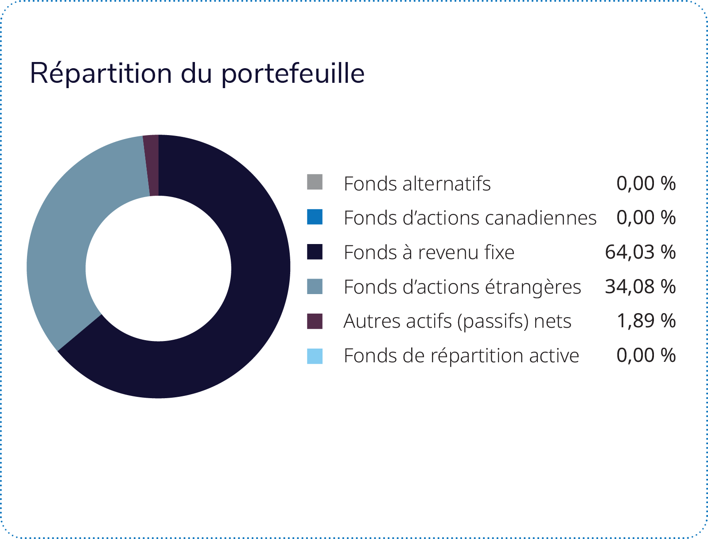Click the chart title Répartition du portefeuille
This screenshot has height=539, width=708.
coord(197,74)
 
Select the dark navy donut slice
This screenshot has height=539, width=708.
coord(245,306)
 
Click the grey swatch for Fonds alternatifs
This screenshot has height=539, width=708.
coord(315,182)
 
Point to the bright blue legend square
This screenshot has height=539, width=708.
coord(315,217)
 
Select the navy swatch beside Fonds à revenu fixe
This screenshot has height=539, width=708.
coord(315,252)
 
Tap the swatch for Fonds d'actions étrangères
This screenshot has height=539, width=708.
coord(315,286)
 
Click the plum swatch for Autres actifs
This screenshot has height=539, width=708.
coord(315,321)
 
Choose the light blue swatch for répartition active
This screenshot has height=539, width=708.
coord(315,356)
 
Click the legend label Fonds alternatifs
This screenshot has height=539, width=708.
coord(417,184)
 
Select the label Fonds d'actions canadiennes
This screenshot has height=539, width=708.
coord(470,218)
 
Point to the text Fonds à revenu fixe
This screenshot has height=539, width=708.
coord(429,252)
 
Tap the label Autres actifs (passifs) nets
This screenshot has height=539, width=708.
coord(457,322)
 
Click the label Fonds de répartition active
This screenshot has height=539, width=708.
coord(461,356)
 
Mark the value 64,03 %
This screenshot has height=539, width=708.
coord(640,252)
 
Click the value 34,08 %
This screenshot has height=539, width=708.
coord(640,287)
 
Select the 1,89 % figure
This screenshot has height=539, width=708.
coord(646,321)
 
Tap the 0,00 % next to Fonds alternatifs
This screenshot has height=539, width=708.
coord(646,183)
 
